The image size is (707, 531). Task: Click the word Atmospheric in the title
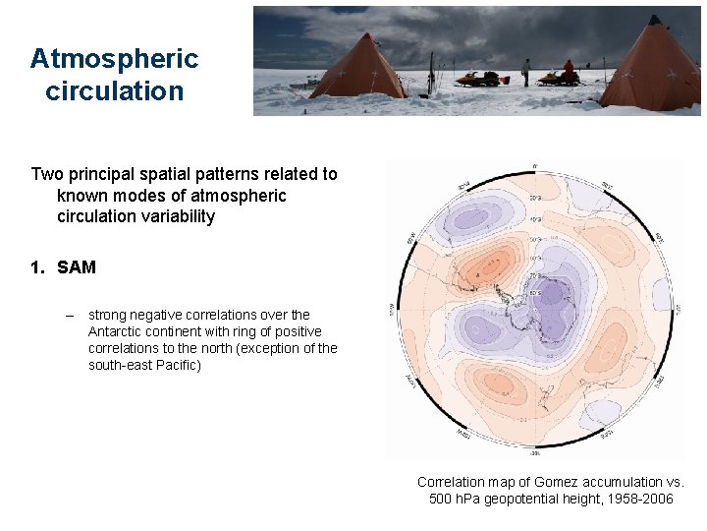[x=114, y=58]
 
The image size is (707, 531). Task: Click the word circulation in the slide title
[x=114, y=91]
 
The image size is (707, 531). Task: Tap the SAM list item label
[x=77, y=266]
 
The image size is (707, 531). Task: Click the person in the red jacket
[x=568, y=71]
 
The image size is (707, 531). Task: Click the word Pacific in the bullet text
[x=177, y=365]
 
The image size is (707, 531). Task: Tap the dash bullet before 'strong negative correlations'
[x=69, y=315]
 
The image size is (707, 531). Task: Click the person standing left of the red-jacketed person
[x=526, y=71]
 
